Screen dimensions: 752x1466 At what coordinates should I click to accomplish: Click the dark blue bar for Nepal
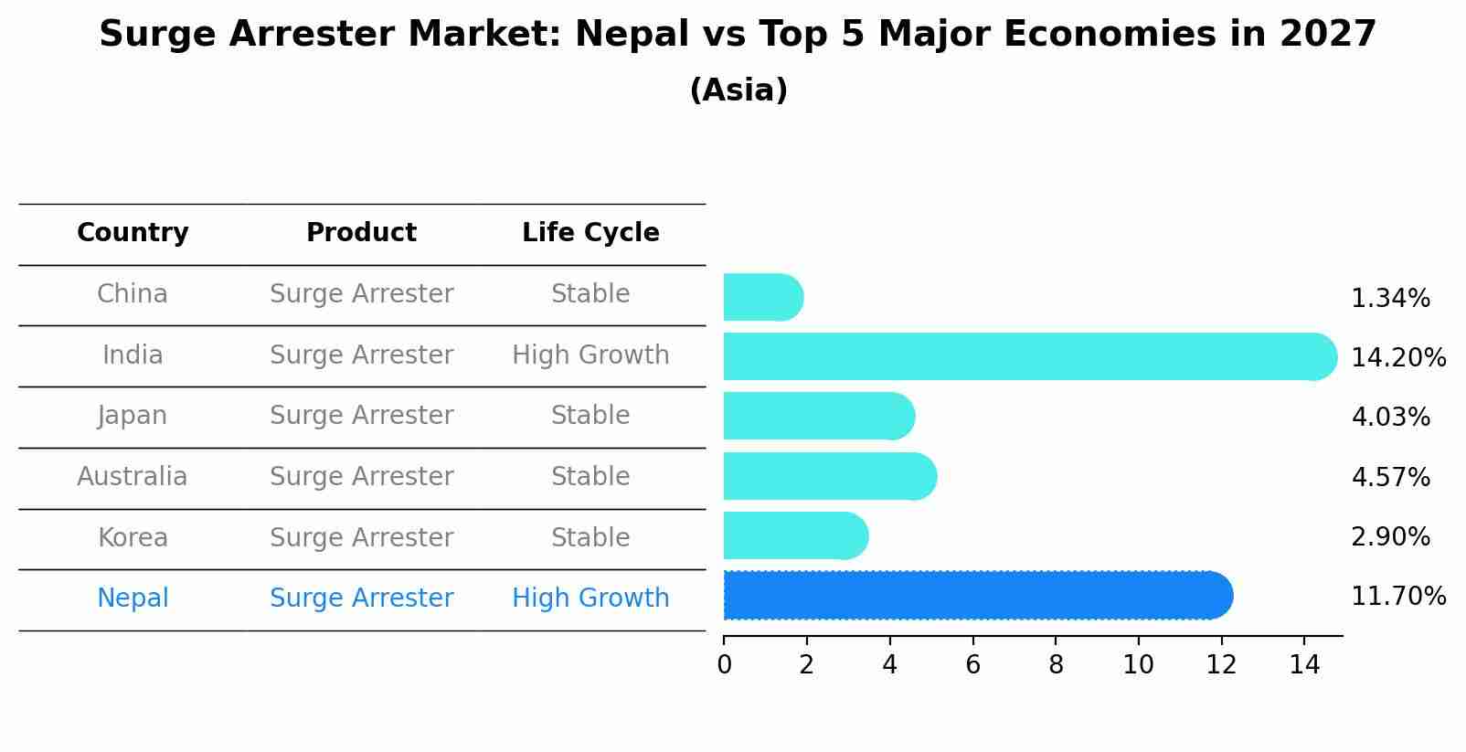(978, 596)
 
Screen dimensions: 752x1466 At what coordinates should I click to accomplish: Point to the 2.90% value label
(1390, 537)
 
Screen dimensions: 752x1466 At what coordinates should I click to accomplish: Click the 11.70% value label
(1397, 597)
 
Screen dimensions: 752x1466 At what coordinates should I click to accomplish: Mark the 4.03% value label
(1390, 418)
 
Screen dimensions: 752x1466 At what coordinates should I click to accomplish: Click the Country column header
(133, 233)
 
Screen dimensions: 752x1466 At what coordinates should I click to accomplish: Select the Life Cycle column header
(590, 233)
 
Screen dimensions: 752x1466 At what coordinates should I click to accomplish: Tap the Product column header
(361, 233)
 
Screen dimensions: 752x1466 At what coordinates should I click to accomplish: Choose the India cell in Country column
(133, 355)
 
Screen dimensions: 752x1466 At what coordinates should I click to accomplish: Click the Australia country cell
(133, 477)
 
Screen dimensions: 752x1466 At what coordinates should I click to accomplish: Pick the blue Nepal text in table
(133, 598)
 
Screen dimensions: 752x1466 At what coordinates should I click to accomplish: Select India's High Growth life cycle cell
(590, 355)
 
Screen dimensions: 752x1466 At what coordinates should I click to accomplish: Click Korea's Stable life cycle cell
(590, 538)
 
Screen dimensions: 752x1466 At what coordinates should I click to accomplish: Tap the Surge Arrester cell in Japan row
(361, 416)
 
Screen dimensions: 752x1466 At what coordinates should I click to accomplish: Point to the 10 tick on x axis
(1138, 665)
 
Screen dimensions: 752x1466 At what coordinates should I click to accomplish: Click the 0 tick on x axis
(724, 665)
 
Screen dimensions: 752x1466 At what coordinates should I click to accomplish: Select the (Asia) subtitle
(738, 90)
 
